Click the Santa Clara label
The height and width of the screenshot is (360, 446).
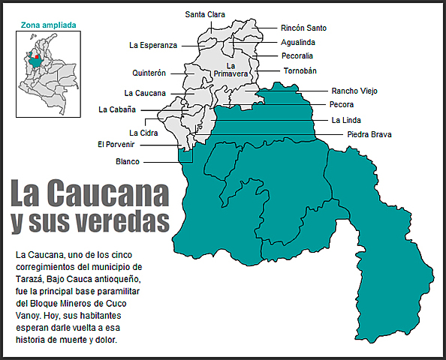pyautogui.click(x=205, y=13)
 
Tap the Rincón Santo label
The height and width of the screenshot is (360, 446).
pyautogui.click(x=303, y=28)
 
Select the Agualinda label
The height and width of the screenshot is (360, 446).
pyautogui.click(x=298, y=42)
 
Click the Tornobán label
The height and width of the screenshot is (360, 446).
pyautogui.click(x=300, y=70)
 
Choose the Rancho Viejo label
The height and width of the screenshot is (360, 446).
pyautogui.click(x=354, y=91)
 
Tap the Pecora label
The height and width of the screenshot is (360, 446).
pyautogui.click(x=342, y=105)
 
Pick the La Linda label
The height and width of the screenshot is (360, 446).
pyautogui.click(x=345, y=120)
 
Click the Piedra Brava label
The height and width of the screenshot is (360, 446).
pyautogui.click(x=369, y=134)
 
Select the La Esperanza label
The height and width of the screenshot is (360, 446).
pyautogui.click(x=153, y=45)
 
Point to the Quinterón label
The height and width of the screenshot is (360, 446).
pyautogui.click(x=149, y=73)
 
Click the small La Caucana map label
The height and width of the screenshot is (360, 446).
pyautogui.click(x=145, y=94)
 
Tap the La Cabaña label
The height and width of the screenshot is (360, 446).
pyautogui.click(x=117, y=109)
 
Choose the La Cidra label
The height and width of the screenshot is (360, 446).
pyautogui.click(x=143, y=133)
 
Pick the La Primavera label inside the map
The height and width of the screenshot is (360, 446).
pyautogui.click(x=231, y=70)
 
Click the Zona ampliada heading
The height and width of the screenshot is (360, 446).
pyautogui.click(x=49, y=25)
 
